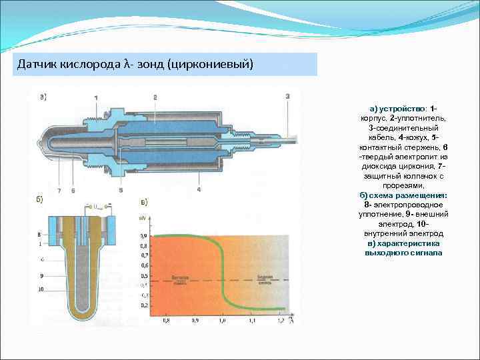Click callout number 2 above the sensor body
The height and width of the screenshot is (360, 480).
[x=155, y=97]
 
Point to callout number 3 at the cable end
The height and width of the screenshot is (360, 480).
[x=287, y=97]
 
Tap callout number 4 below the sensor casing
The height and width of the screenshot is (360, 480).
[x=199, y=190]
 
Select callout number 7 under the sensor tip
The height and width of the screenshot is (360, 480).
[x=58, y=191]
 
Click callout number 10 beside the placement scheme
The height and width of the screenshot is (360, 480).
[x=40, y=289]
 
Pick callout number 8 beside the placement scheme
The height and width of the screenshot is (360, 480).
[x=39, y=235]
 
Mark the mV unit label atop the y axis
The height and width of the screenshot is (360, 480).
[x=143, y=218]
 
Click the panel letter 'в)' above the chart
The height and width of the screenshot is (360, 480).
[x=143, y=201]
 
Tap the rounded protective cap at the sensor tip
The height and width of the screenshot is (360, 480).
[x=47, y=143]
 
